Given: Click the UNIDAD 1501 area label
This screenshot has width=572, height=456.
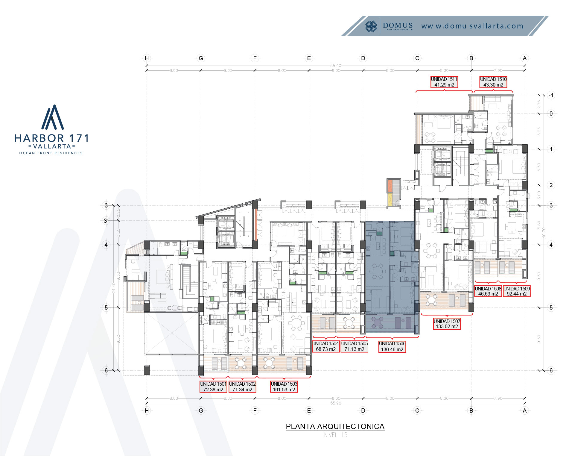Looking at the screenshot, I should tap(213, 387).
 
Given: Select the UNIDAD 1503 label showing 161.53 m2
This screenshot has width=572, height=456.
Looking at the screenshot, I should tap(284, 387).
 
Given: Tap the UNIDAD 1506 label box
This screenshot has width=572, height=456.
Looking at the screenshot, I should tap(392, 346).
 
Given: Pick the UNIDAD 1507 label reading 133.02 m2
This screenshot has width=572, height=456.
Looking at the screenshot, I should tap(447, 324).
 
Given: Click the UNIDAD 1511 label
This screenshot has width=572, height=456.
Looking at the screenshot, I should tap(444, 82).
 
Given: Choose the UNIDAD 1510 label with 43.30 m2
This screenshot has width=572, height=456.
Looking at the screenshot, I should tap(493, 82).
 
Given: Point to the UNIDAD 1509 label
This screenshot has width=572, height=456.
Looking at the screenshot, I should tap(517, 291).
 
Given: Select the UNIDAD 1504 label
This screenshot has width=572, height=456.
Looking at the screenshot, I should tap(325, 346).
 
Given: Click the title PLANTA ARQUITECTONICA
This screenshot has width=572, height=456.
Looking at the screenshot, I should tap(335, 426).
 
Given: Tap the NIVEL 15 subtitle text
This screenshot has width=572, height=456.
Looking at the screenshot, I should tap(336, 435).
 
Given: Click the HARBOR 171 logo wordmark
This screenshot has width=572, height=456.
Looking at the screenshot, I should tap(51, 138).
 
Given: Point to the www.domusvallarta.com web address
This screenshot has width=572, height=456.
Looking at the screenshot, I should tap(472, 26).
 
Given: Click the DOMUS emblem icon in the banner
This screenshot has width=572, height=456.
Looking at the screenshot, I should tap(371, 26).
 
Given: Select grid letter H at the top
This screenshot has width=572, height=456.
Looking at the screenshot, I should tap(147, 58).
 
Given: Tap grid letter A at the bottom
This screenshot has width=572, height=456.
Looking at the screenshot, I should tap(524, 410).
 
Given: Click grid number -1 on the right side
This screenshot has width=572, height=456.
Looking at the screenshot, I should tap(551, 96).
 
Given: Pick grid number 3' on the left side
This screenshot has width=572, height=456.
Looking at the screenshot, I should tap(106, 221).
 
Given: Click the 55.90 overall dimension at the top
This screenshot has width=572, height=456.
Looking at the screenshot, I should tap(336, 66).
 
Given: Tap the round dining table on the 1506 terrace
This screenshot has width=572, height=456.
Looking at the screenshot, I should tap(377, 322).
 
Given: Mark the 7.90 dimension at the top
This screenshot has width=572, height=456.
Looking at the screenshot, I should tap(498, 71).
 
